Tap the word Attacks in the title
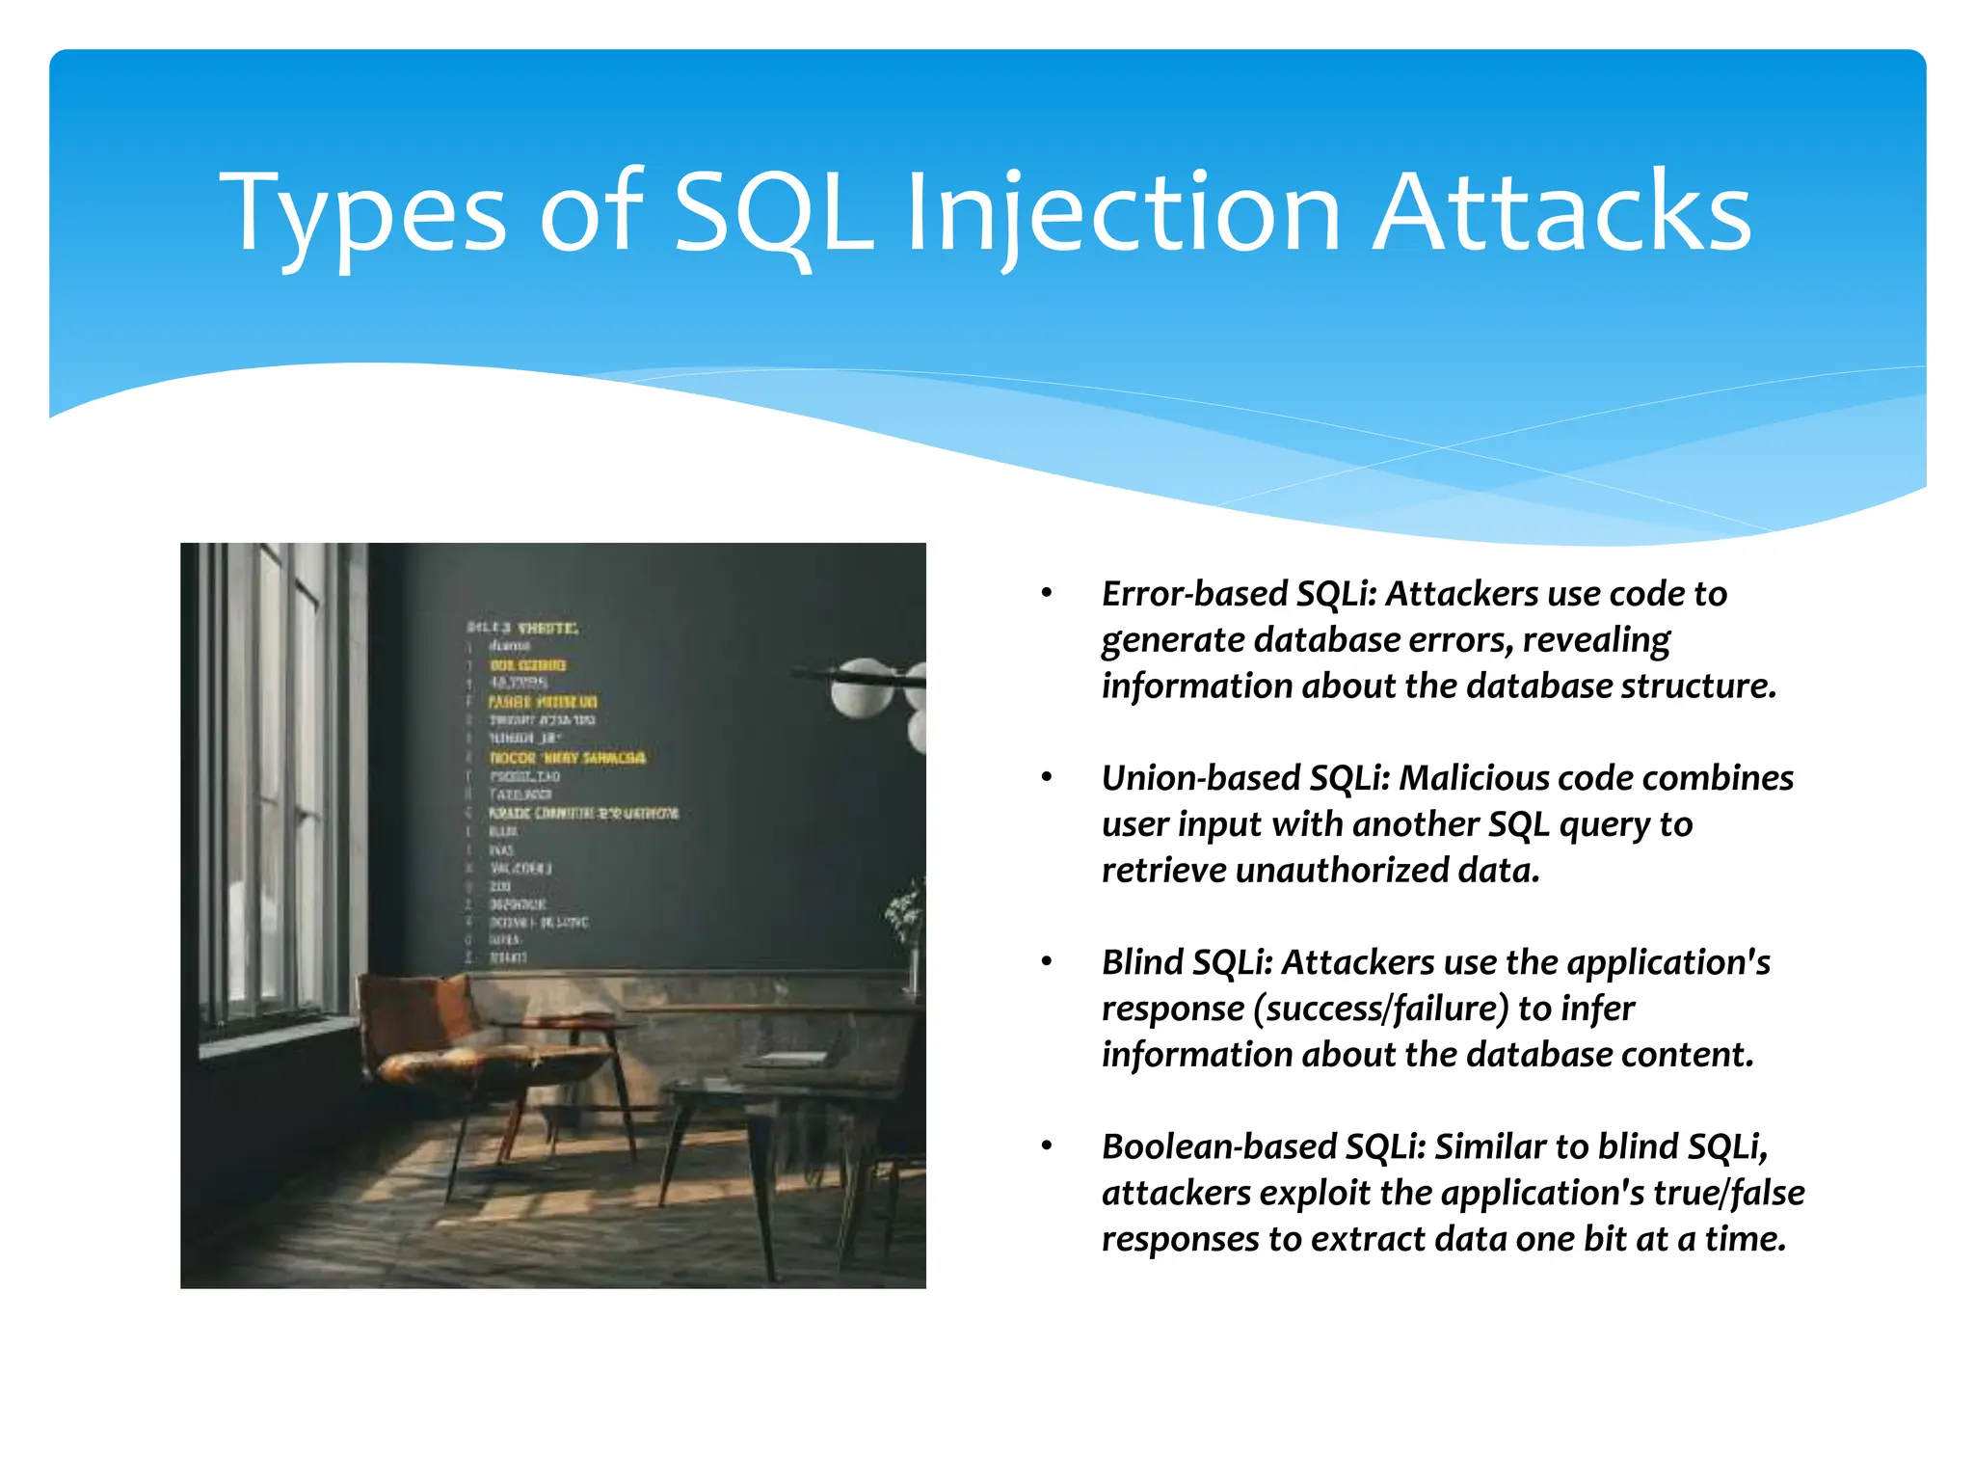coord(1561,214)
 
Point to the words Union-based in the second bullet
coord(1200,778)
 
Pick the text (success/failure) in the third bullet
coord(1381,1009)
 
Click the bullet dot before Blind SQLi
coord(1047,961)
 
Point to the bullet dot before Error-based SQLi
coord(1047,593)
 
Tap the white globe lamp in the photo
coord(862,687)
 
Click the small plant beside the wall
coord(907,911)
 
